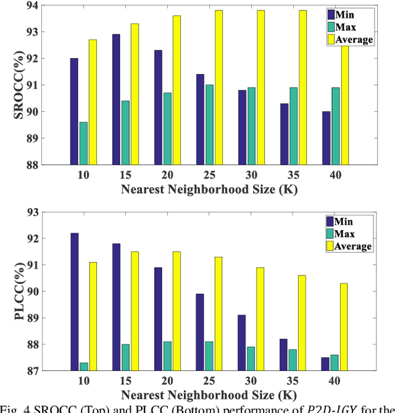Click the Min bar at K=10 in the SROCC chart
[x=74, y=111]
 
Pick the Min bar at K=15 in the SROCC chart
[x=116, y=99]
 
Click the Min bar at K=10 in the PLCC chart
[x=74, y=302]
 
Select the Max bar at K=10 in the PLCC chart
[x=83, y=367]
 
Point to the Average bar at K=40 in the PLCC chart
[x=344, y=327]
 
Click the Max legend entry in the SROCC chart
[x=349, y=27]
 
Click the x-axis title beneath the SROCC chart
[x=208, y=190]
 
